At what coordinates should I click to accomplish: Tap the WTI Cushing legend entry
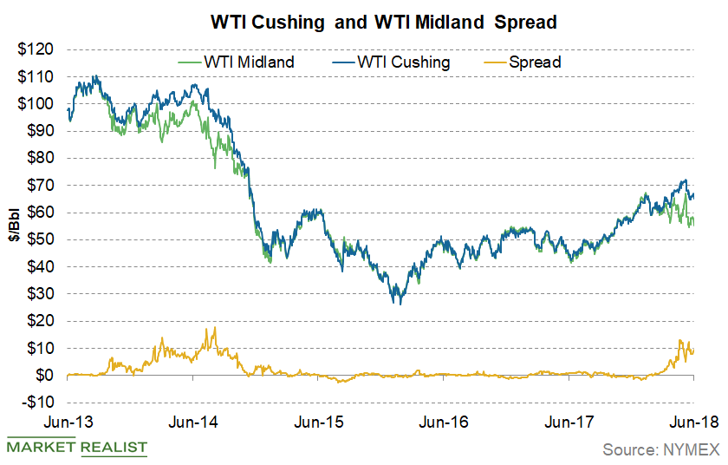click(x=392, y=62)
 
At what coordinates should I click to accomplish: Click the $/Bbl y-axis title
click(x=16, y=226)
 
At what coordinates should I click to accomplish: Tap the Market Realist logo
click(x=76, y=448)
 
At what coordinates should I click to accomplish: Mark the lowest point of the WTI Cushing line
click(x=398, y=304)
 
